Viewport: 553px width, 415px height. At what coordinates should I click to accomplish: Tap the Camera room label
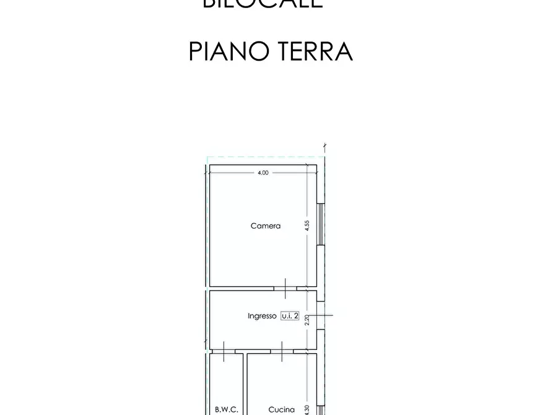click(x=265, y=226)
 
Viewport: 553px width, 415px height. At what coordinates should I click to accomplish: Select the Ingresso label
click(x=261, y=316)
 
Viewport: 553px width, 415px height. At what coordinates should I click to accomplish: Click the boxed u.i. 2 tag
click(x=290, y=316)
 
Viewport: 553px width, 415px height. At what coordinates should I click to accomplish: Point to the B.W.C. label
click(x=225, y=409)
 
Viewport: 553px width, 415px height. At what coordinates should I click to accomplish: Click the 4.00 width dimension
click(x=263, y=173)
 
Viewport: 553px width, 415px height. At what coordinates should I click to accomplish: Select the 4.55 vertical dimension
click(x=307, y=225)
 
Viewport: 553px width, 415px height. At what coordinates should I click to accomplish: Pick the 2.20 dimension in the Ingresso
click(x=307, y=321)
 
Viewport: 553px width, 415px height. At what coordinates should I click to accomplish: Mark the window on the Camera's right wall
click(x=320, y=224)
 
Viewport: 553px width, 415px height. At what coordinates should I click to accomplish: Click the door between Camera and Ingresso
click(x=285, y=288)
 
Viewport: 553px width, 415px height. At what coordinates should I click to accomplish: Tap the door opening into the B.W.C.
click(x=225, y=351)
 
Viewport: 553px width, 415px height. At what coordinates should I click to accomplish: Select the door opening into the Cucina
click(x=282, y=351)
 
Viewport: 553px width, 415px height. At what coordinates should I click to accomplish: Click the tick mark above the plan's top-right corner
click(x=324, y=147)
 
